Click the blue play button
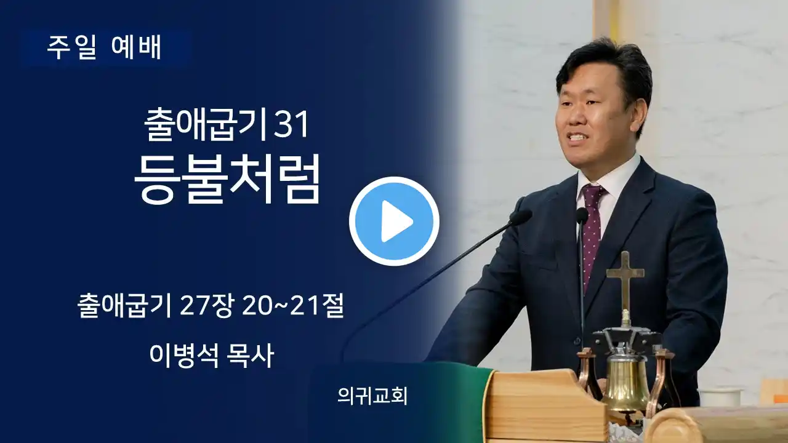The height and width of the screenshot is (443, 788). pyautogui.click(x=394, y=221)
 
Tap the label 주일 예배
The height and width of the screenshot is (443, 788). pyautogui.click(x=104, y=47)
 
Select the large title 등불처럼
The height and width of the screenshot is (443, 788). pyautogui.click(x=227, y=180)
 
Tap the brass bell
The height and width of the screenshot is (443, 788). pyautogui.click(x=627, y=383)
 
